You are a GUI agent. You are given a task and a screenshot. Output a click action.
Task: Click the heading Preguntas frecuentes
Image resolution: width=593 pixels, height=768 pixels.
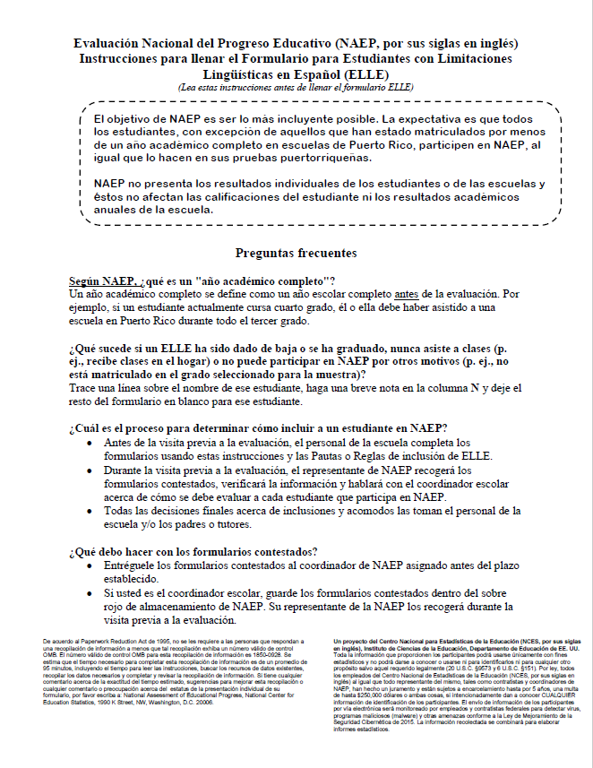(x=296, y=254)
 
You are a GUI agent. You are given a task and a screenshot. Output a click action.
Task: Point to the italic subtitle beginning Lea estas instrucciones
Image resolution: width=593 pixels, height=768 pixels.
(x=296, y=88)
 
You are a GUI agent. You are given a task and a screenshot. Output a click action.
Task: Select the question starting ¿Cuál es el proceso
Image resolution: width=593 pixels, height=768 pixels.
(x=258, y=428)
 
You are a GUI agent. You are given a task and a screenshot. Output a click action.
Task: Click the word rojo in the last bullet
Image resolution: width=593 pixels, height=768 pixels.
(x=116, y=607)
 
